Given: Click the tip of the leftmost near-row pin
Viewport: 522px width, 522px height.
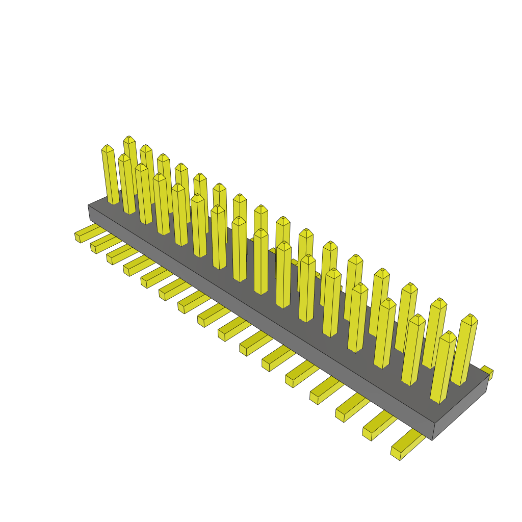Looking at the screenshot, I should (x=107, y=148).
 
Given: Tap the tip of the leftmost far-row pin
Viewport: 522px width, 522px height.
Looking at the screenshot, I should (x=129, y=139).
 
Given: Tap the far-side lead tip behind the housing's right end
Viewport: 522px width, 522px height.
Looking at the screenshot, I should (x=487, y=371).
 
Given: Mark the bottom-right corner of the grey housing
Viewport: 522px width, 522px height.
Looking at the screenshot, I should (x=432, y=440).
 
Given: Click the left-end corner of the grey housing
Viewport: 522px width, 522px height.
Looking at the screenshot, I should (x=89, y=206).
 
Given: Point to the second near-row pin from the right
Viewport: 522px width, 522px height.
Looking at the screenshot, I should (x=413, y=352).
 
